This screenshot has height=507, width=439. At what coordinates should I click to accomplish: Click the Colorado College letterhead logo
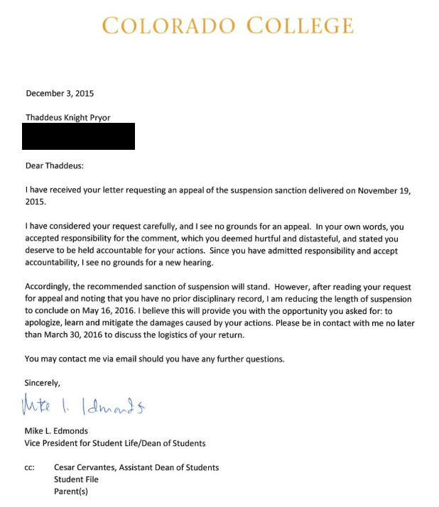point(227,26)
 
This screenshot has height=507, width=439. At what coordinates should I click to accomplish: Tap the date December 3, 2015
point(60,93)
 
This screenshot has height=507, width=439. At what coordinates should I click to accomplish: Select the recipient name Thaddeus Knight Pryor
point(67,117)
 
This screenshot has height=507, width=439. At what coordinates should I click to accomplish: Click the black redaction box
point(78,136)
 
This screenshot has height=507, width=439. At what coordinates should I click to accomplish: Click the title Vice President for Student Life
point(93,443)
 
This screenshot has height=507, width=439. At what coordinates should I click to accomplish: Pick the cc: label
point(30,467)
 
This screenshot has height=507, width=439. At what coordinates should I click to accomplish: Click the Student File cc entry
point(76,479)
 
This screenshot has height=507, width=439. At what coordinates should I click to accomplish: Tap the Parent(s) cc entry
point(71,491)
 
